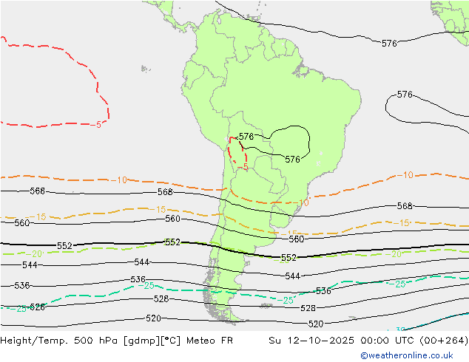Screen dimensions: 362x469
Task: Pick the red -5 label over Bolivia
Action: tap(244, 167)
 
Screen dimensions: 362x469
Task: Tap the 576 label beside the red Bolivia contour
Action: tap(246, 137)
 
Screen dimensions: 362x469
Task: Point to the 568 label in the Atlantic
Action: tap(405, 206)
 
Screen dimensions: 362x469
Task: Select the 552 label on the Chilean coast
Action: tap(172, 242)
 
